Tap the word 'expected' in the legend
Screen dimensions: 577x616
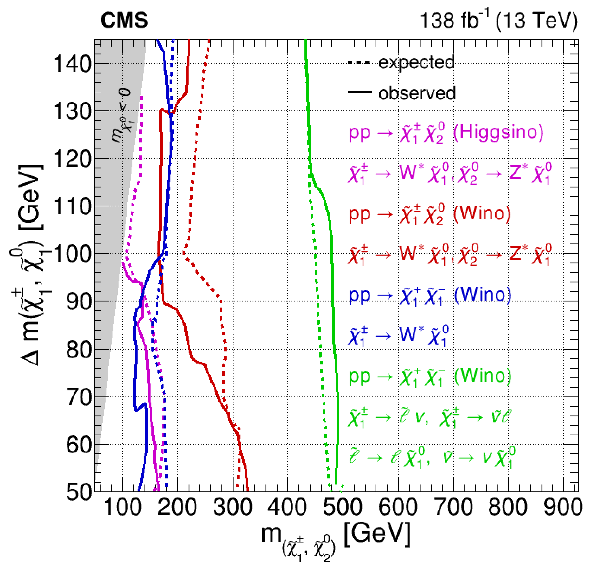pyautogui.click(x=416, y=62)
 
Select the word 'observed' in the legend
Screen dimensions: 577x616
pyautogui.click(x=417, y=93)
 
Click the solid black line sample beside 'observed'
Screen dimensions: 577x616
pyautogui.click(x=359, y=92)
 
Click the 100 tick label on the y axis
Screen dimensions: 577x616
pyautogui.click(x=73, y=254)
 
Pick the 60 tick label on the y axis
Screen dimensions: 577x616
pyautogui.click(x=79, y=445)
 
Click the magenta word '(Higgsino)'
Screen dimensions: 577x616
pyautogui.click(x=498, y=132)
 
